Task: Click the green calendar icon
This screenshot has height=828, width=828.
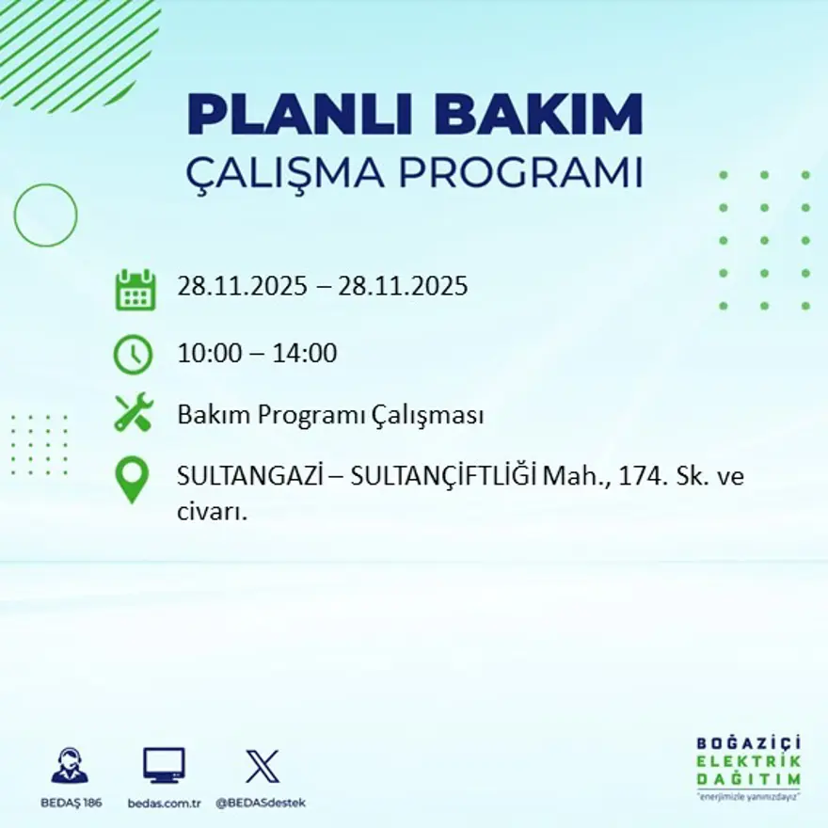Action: [x=135, y=290]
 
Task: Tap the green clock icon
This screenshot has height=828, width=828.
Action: [x=133, y=355]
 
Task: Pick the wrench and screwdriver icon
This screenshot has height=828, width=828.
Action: [x=133, y=414]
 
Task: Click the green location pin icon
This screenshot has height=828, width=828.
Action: [x=132, y=479]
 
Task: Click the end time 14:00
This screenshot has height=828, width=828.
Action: [x=305, y=354]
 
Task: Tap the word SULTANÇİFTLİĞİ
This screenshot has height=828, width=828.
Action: [x=443, y=477]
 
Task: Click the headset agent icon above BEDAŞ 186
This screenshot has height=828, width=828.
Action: [x=70, y=766]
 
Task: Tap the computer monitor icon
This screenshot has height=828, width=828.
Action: [x=164, y=765]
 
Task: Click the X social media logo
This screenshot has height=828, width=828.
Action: [x=262, y=765]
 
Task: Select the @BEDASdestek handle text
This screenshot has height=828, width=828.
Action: [x=261, y=803]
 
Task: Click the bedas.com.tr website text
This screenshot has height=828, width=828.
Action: [x=166, y=803]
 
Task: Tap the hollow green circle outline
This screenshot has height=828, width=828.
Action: [x=45, y=215]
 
